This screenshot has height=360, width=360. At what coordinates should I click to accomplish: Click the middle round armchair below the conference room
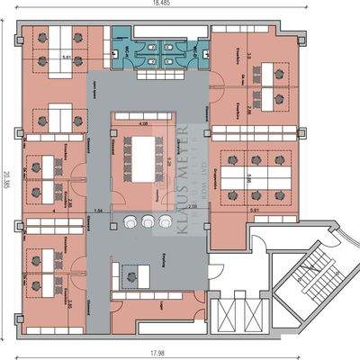coord(147,220)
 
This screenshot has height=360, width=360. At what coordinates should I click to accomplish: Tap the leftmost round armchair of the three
coord(130,220)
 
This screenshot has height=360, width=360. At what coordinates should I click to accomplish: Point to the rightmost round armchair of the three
coord(164,220)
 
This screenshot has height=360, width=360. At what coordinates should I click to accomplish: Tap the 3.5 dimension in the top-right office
coord(246,55)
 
